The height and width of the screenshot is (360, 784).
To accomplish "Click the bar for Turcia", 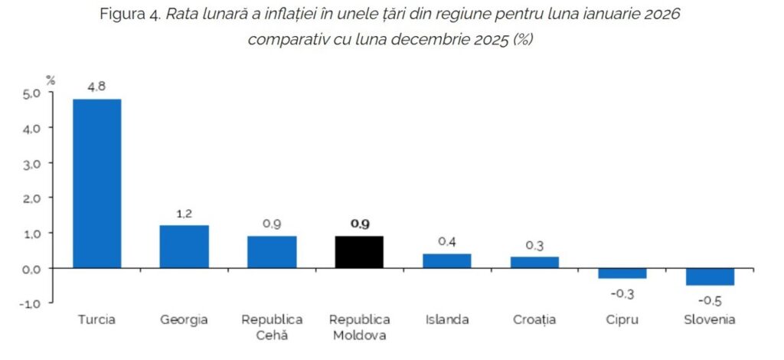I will click(x=97, y=183).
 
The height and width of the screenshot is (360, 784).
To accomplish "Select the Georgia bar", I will click(x=185, y=247).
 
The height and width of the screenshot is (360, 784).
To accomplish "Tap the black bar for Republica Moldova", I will click(x=359, y=252).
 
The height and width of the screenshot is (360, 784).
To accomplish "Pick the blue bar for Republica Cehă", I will click(x=272, y=252).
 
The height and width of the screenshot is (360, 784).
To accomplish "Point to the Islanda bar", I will click(x=447, y=260).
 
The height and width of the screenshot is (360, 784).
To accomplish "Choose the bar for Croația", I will click(x=534, y=262).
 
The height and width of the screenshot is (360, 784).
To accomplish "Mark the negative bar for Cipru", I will click(x=622, y=273).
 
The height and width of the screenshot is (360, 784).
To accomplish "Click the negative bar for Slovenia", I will click(x=710, y=277).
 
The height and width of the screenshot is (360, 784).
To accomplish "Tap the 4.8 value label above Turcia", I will click(x=96, y=87).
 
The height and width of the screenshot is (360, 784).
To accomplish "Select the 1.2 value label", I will click(x=185, y=214).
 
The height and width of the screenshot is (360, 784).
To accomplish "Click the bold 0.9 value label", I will click(x=359, y=224).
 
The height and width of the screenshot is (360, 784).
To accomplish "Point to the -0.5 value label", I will click(x=710, y=300).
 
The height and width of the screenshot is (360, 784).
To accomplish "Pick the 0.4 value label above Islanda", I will click(x=447, y=241).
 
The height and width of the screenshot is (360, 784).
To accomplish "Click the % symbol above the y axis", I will click(x=51, y=79).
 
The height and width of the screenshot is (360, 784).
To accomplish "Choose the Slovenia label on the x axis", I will click(x=710, y=319).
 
